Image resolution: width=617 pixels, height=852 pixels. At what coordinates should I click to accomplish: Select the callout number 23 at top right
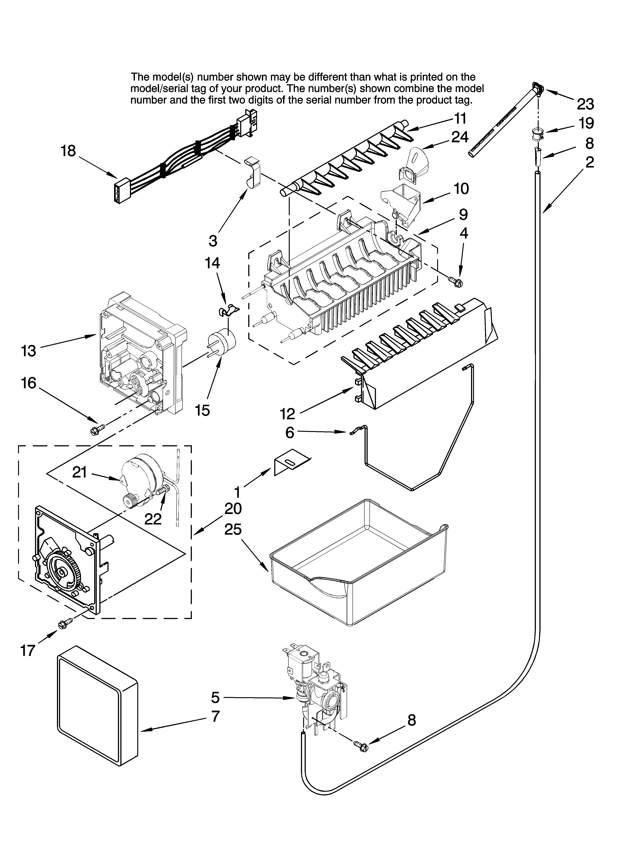(585, 104)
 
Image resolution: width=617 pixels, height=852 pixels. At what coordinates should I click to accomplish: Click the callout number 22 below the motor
(153, 519)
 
